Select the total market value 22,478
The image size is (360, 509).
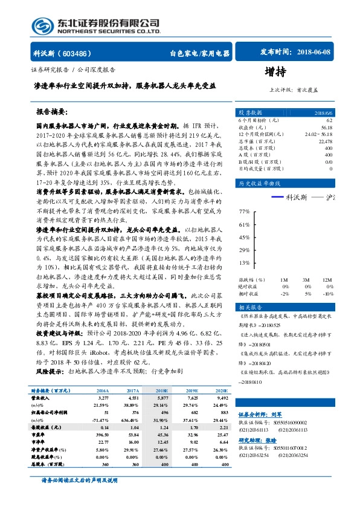click(324, 141)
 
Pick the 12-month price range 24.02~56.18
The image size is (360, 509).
click(318, 134)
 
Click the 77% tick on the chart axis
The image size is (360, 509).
click(244, 212)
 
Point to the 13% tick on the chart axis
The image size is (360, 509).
click(244, 263)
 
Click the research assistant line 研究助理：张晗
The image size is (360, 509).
click(260, 439)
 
